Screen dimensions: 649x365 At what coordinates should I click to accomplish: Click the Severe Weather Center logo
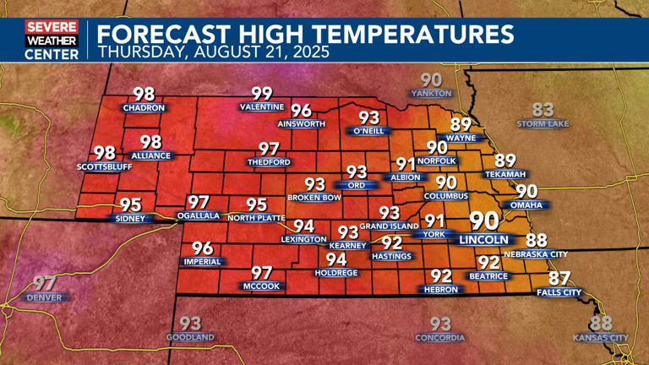pos(52,40)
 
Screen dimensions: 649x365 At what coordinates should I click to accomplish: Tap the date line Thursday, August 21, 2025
pos(214,52)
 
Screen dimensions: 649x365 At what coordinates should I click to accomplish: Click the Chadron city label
pos(143,108)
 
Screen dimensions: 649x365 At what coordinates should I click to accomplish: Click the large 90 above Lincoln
pos(483,221)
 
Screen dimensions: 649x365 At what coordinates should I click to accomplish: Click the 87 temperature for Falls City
pos(559,278)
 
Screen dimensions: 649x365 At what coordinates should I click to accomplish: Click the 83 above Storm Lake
pos(543,109)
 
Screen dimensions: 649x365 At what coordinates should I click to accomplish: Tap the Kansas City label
pos(601,338)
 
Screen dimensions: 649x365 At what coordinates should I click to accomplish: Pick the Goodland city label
pos(190,337)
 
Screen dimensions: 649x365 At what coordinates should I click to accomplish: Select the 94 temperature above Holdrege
pos(336,259)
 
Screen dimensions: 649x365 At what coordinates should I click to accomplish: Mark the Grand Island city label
pos(389,226)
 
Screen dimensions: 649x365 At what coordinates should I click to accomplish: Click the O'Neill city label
pos(369,131)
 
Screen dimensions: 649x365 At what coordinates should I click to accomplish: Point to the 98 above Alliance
pos(150,142)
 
